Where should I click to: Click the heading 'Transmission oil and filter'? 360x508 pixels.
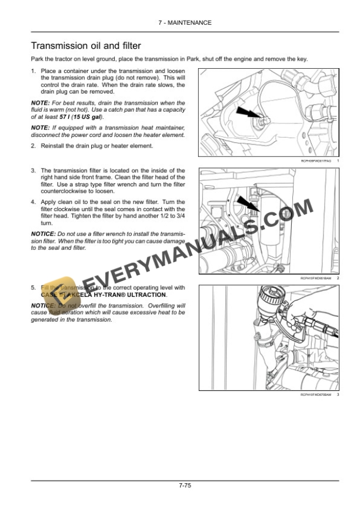coord(85,45)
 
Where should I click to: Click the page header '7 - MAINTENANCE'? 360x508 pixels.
coord(179,22)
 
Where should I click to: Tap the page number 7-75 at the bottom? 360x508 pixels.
coord(180,486)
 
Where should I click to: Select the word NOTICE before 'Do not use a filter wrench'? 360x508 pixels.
coord(43,233)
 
